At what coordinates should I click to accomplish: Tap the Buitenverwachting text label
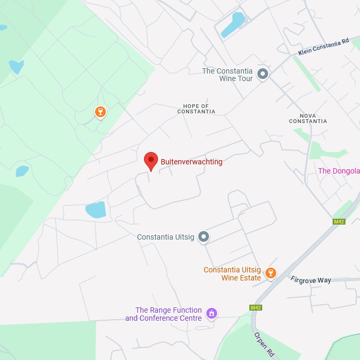point(191,161)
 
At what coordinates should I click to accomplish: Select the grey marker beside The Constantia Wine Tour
point(263,74)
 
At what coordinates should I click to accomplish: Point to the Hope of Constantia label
point(196,109)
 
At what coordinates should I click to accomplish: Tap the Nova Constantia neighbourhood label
point(308,118)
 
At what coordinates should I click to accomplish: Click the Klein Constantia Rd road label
point(324,46)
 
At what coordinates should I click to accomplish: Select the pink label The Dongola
point(339,171)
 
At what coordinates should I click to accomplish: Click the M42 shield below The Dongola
point(339,221)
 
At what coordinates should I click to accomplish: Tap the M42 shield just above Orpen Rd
point(256,307)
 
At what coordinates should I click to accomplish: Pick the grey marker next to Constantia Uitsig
point(203,236)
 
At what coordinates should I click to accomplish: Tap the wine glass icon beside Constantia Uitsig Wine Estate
point(271,273)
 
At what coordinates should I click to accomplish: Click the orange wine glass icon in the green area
point(100,112)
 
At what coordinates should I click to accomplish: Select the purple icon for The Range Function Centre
point(212,313)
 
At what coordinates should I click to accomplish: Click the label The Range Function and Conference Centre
point(163,314)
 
